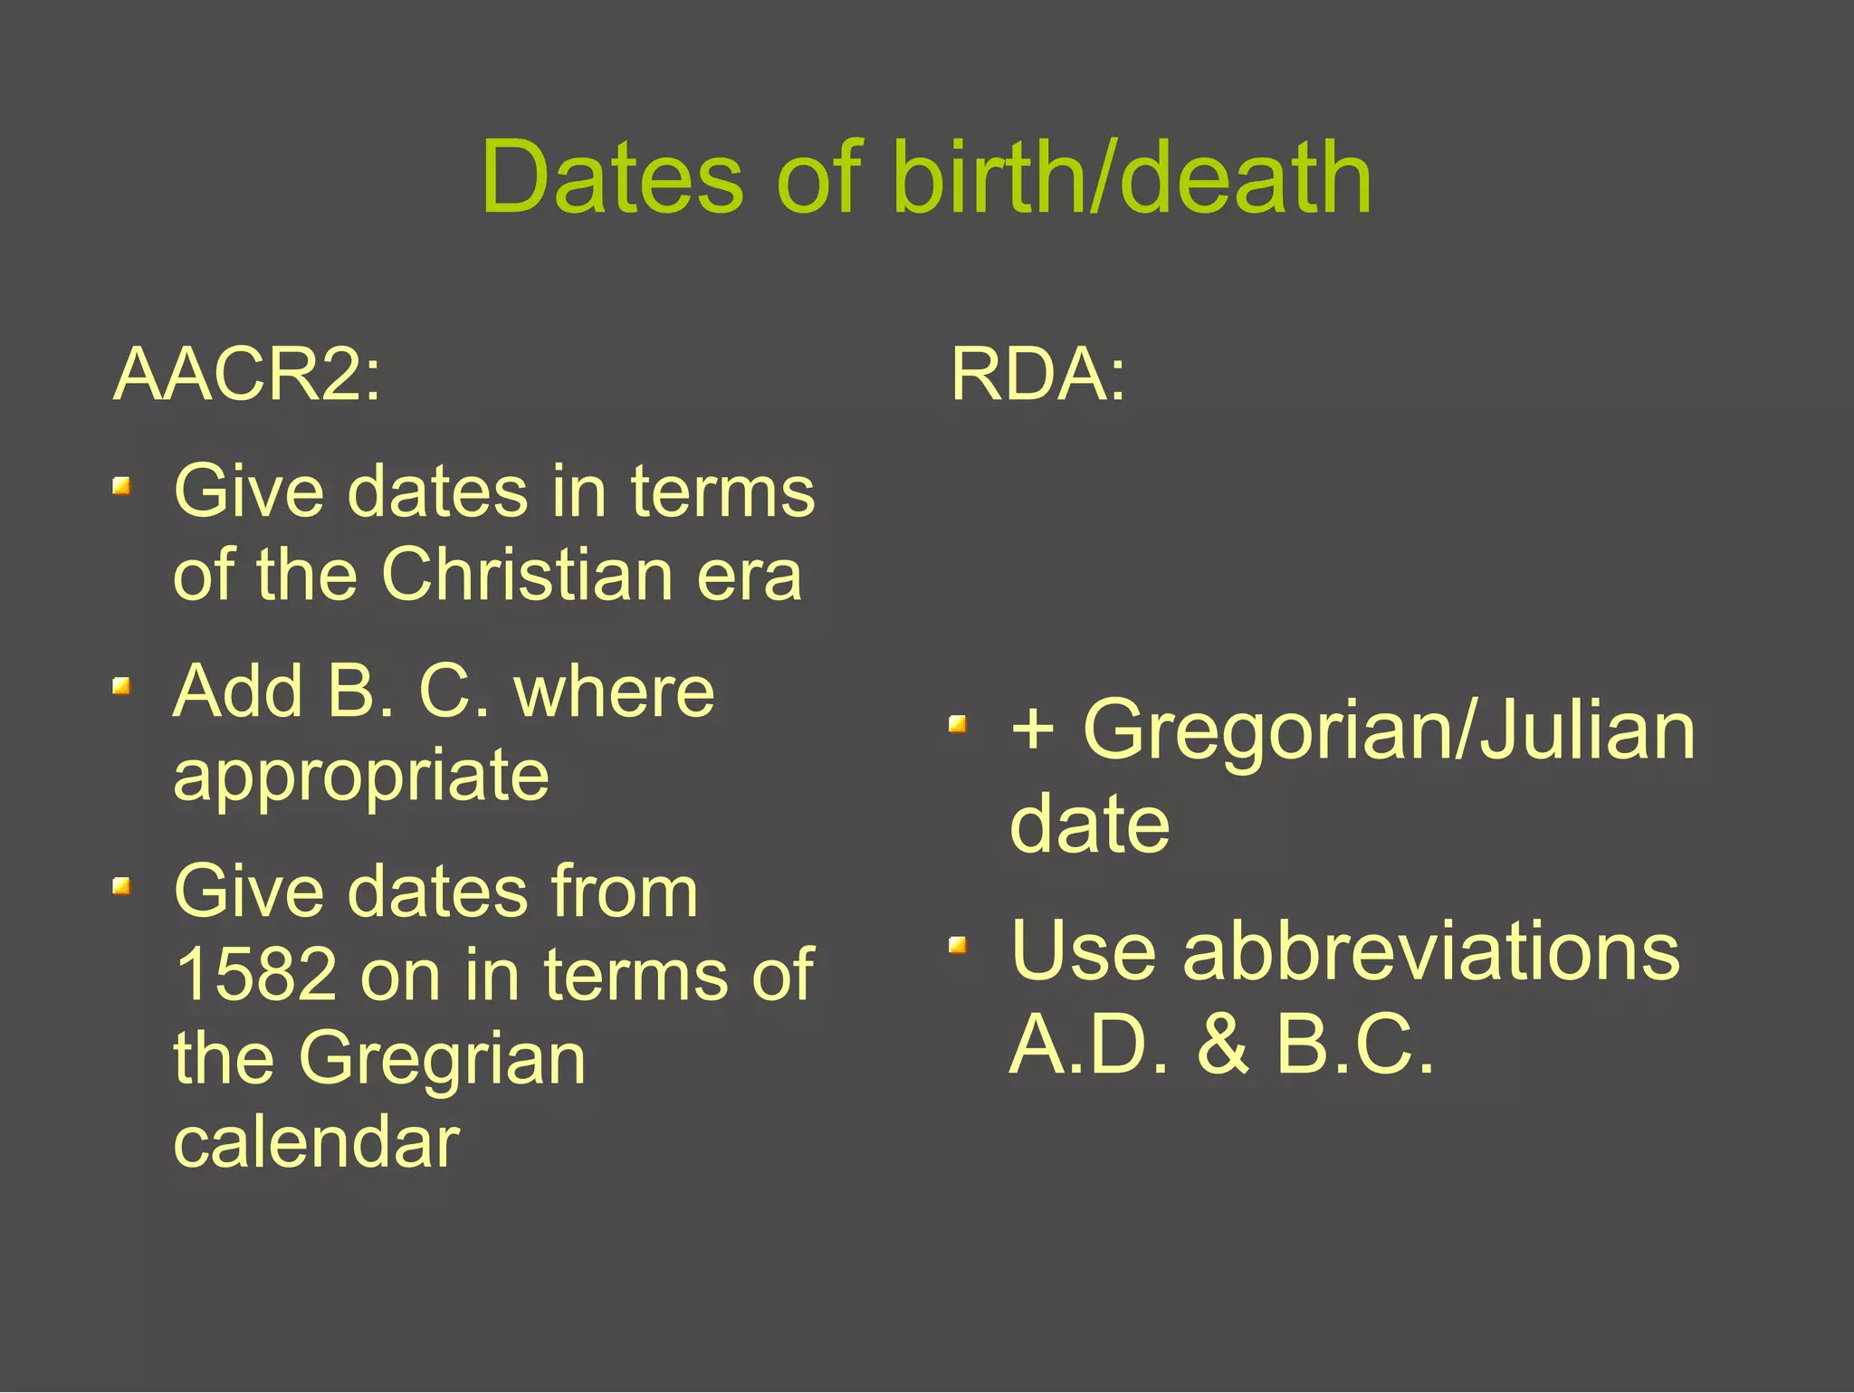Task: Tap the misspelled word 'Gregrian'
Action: pos(442,1059)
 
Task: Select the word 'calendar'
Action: pos(317,1142)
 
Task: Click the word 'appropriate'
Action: pos(361,775)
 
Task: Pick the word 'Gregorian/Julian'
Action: pos(1389,730)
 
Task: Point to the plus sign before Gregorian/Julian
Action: pos(1033,730)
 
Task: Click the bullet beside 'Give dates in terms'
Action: pos(121,488)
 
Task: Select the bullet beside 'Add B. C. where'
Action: pos(121,687)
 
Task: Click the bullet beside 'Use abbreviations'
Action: pos(958,946)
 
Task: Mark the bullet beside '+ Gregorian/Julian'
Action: pos(958,724)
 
